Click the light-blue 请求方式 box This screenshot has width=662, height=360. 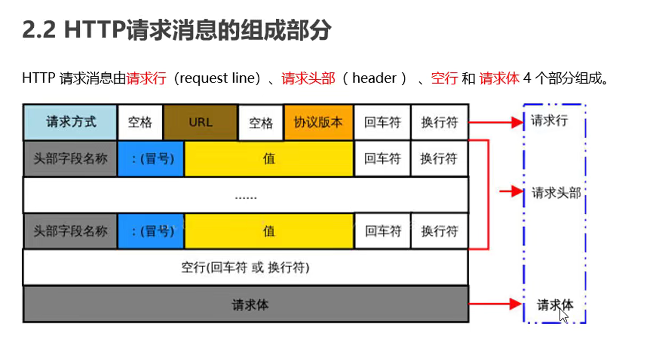coord(70,122)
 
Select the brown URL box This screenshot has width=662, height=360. coord(200,122)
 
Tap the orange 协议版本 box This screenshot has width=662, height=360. coord(319,122)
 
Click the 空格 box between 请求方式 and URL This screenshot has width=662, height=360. coord(140,122)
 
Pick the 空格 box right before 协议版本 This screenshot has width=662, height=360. coord(261,123)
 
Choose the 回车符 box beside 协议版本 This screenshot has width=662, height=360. coord(382,122)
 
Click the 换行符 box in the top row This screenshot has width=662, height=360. coord(439,122)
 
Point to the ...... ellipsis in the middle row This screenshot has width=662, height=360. coord(246,197)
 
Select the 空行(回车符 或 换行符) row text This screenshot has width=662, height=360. coord(245,267)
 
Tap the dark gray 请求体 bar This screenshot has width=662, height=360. coord(245,304)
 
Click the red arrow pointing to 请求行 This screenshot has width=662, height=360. coord(495,122)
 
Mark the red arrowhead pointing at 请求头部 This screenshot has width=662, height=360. coord(517,191)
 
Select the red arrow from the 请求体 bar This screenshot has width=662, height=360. coord(495,304)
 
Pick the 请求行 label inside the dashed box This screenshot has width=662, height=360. coord(548,121)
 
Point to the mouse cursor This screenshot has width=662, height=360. coord(562,314)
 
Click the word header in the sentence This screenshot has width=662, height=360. coord(374,78)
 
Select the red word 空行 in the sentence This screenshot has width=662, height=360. coord(444,78)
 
